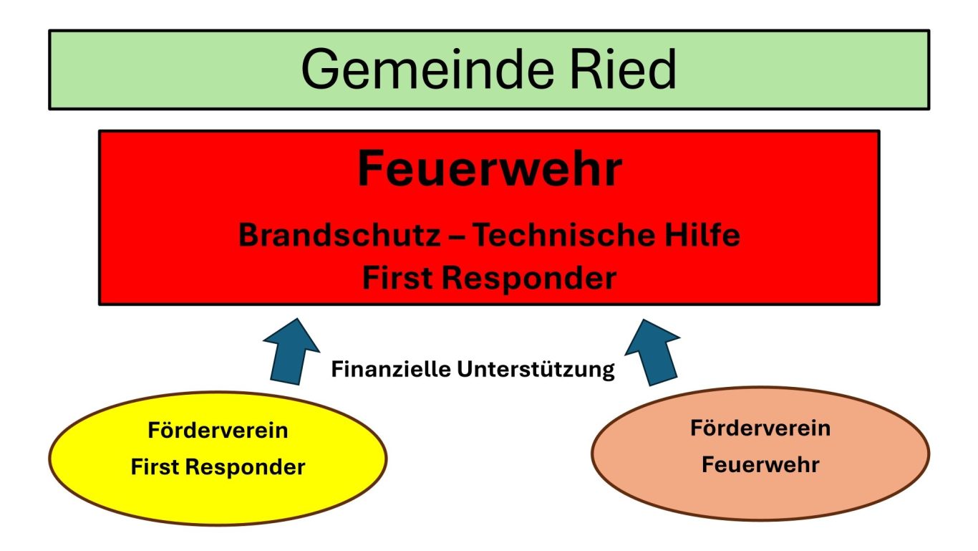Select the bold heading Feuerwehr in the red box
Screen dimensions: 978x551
point(490,168)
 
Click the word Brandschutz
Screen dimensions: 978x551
point(339,234)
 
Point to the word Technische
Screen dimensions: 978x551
point(564,234)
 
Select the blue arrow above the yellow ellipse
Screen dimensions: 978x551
point(291,353)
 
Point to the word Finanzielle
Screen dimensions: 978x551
point(391,368)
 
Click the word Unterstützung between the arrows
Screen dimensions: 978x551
point(536,370)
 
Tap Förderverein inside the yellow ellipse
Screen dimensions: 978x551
point(218,430)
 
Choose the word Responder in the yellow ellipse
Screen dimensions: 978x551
point(245,468)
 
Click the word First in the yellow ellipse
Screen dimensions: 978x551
point(155,466)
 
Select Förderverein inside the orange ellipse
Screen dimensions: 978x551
point(760,428)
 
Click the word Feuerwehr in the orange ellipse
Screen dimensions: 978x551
point(760,464)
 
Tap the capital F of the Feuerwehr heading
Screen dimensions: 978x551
point(370,168)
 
